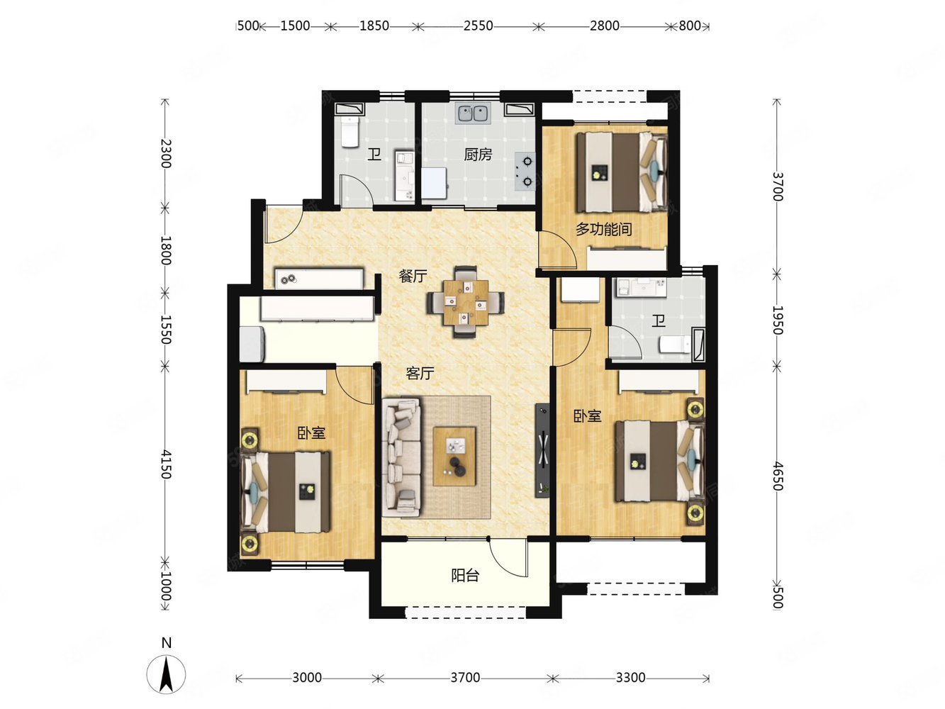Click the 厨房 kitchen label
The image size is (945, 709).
(478, 154)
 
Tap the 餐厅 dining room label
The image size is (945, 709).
(413, 276)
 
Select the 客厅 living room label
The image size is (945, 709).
(420, 373)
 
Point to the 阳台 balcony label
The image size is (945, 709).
(465, 576)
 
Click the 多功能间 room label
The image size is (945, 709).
(603, 229)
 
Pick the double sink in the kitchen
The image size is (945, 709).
(473, 113)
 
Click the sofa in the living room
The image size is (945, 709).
(401, 457)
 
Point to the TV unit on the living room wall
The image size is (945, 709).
(542, 450)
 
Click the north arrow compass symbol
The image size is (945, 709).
(167, 672)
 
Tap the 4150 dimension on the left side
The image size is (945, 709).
(165, 464)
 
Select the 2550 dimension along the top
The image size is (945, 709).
(478, 26)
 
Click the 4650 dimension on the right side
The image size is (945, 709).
(778, 476)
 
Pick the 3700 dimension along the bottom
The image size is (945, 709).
(465, 678)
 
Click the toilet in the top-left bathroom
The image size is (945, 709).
(350, 132)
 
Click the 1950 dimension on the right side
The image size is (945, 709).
(778, 320)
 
